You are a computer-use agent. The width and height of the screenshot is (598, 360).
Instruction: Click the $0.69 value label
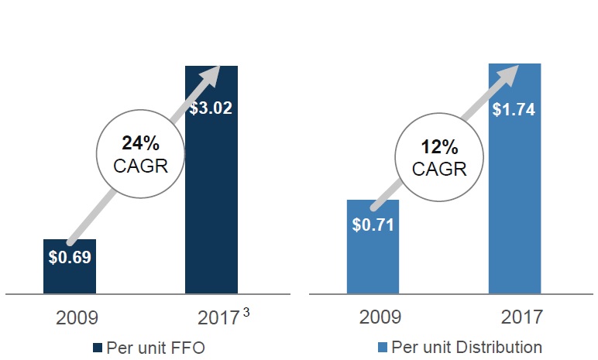(x=70, y=258)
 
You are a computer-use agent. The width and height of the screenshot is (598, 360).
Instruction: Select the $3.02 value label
(x=211, y=107)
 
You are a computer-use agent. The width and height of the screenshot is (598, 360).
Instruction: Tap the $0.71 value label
(x=373, y=225)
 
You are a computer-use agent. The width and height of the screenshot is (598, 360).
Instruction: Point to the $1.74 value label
(x=514, y=109)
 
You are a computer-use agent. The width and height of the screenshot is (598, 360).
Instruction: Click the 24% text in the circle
(x=140, y=142)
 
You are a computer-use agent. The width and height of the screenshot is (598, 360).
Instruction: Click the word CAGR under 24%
(x=140, y=165)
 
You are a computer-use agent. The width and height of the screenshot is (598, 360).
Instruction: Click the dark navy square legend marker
(x=97, y=347)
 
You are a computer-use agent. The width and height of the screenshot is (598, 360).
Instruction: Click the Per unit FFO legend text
(x=155, y=347)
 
